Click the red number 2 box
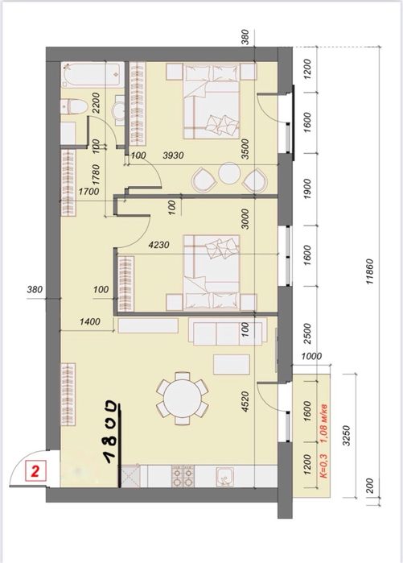tap(35, 471)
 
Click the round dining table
tap(182, 398)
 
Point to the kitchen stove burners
tap(183, 476)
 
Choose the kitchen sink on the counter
tap(225, 477)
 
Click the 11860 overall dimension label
tap(370, 271)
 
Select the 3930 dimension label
tap(173, 155)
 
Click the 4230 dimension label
tap(158, 246)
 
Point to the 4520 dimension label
tap(246, 401)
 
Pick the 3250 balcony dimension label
tap(346, 436)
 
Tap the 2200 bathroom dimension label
tap(96, 103)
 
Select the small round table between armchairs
tap(229, 172)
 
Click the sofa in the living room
tap(225, 332)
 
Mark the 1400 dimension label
tap(90, 321)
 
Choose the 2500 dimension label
tap(307, 333)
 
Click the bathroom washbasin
tap(119, 110)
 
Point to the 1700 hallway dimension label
tap(89, 192)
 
